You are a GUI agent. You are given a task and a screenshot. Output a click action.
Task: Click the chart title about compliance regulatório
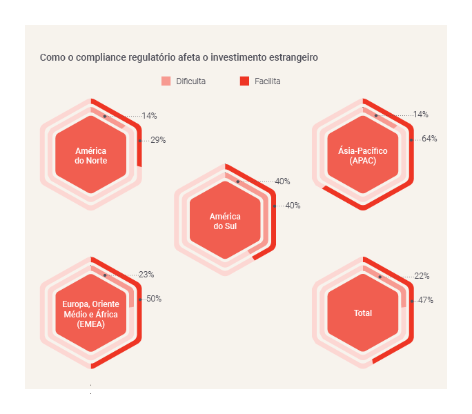pyautogui.click(x=179, y=57)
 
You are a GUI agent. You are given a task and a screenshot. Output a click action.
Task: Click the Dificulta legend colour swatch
pyautogui.click(x=166, y=81)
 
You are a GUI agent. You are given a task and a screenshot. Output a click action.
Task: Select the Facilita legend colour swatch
pyautogui.click(x=244, y=81)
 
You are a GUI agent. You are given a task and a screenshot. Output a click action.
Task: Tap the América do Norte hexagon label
pyautogui.click(x=91, y=156)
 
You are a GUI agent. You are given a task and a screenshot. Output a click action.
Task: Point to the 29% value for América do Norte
pyautogui.click(x=158, y=140)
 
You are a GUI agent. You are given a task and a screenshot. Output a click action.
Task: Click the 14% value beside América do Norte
pyautogui.click(x=150, y=115)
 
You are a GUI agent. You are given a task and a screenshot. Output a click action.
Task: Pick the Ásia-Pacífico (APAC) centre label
pyautogui.click(x=363, y=155)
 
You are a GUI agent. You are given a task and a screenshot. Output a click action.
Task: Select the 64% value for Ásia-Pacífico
pyautogui.click(x=429, y=139)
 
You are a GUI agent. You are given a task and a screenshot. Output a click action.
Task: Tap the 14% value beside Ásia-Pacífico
pyautogui.click(x=421, y=115)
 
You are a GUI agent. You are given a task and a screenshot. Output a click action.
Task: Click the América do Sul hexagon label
pyautogui.click(x=225, y=221)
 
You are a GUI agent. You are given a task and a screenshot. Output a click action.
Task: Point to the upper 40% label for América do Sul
pyautogui.click(x=282, y=181)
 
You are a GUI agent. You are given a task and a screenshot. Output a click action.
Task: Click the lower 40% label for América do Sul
pyautogui.click(x=293, y=206)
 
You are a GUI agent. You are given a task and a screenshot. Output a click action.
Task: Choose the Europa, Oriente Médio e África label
pyautogui.click(x=90, y=314)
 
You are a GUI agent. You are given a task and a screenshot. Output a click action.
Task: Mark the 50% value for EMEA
pyautogui.click(x=154, y=299)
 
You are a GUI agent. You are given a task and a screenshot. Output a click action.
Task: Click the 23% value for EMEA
pyautogui.click(x=146, y=275)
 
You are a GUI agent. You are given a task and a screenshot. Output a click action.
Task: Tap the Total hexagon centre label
pyautogui.click(x=363, y=313)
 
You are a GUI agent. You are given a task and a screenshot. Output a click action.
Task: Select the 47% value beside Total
pyautogui.click(x=425, y=300)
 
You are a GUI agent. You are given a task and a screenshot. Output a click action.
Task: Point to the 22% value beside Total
pyautogui.click(x=422, y=276)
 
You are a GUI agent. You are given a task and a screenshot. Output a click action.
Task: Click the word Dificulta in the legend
pyautogui.click(x=190, y=81)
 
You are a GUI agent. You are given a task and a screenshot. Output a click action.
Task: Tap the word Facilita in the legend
pyautogui.click(x=266, y=81)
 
